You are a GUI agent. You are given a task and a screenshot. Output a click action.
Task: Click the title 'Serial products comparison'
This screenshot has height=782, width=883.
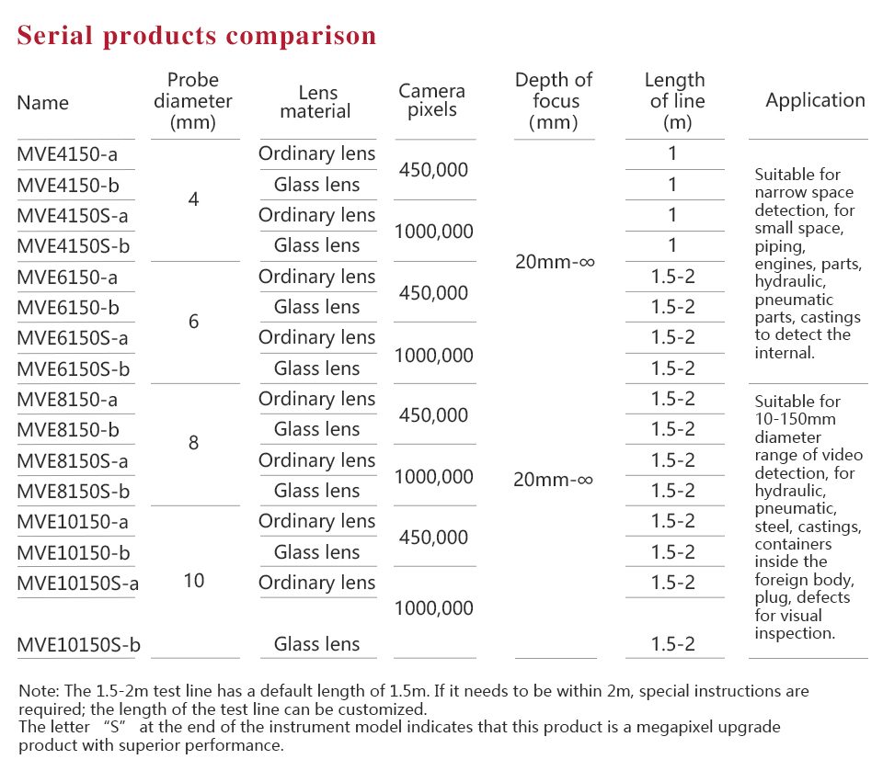(x=197, y=36)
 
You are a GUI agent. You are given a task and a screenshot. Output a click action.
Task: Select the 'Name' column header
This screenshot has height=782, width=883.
(x=42, y=102)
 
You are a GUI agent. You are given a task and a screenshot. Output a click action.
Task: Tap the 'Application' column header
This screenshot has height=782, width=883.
(x=815, y=100)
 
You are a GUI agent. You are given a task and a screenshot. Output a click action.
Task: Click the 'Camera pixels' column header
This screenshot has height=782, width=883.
(x=431, y=100)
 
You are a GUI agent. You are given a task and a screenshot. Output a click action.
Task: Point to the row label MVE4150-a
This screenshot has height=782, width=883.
(x=67, y=154)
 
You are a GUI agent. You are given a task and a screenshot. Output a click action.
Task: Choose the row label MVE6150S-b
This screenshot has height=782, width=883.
(x=73, y=368)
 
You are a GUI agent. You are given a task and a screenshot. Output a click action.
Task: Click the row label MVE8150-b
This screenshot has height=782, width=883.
(x=67, y=430)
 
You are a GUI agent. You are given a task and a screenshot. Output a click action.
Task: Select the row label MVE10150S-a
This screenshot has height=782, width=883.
(x=77, y=583)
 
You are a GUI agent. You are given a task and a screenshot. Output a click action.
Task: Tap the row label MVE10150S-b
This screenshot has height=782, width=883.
(x=78, y=644)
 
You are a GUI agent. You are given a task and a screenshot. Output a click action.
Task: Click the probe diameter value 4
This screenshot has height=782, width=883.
(x=193, y=199)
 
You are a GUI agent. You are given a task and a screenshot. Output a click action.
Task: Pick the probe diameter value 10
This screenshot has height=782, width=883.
(x=194, y=581)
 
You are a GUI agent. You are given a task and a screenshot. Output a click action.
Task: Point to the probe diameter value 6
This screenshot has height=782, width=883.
(x=193, y=322)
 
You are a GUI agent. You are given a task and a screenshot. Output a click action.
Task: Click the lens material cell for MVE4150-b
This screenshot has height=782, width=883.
(x=316, y=185)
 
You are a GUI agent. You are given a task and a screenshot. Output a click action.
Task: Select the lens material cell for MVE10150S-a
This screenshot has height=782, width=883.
(x=316, y=583)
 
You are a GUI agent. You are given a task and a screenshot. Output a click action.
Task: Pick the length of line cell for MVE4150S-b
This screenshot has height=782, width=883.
(x=672, y=245)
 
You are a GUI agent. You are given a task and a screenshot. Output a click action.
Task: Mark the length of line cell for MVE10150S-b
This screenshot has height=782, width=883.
(x=673, y=644)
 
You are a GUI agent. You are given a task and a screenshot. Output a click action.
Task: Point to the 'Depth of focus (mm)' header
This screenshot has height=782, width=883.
(x=554, y=100)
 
